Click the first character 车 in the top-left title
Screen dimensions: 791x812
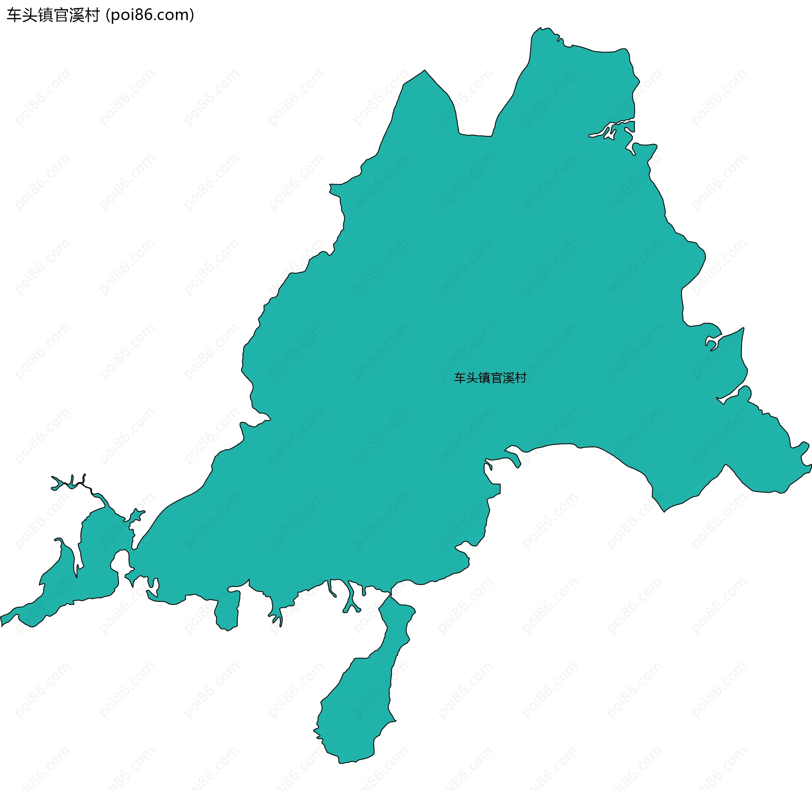[x=14, y=15]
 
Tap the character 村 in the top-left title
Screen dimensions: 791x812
[x=92, y=15]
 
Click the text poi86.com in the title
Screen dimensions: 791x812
[x=150, y=15]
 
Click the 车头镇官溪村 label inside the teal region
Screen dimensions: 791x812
[x=490, y=378]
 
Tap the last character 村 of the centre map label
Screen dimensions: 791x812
[x=521, y=378]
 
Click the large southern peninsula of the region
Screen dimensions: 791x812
[x=359, y=698]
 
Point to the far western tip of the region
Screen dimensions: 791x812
[x=2, y=620]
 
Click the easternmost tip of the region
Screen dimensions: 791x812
[x=809, y=466]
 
